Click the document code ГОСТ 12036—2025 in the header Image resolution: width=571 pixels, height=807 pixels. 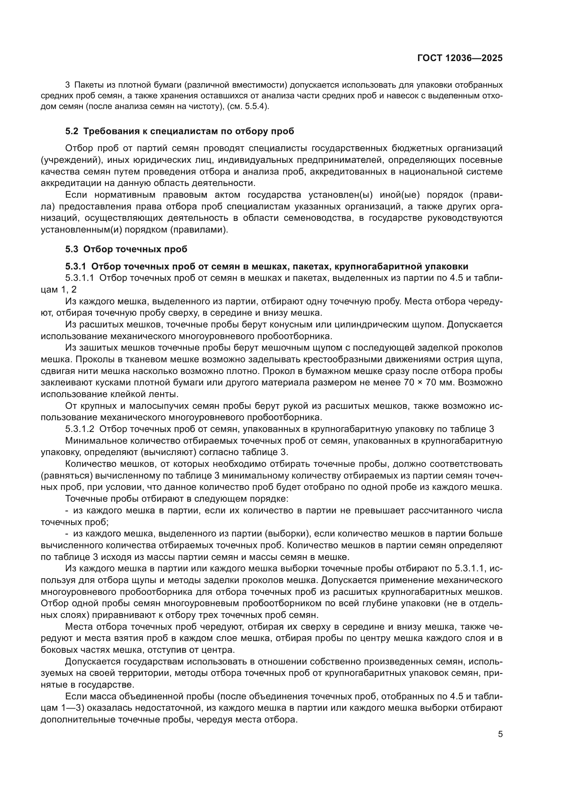pos(459,58)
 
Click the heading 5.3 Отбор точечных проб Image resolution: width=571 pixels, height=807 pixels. pos(126,249)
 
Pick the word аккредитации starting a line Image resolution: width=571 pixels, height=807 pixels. pos(70,183)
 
